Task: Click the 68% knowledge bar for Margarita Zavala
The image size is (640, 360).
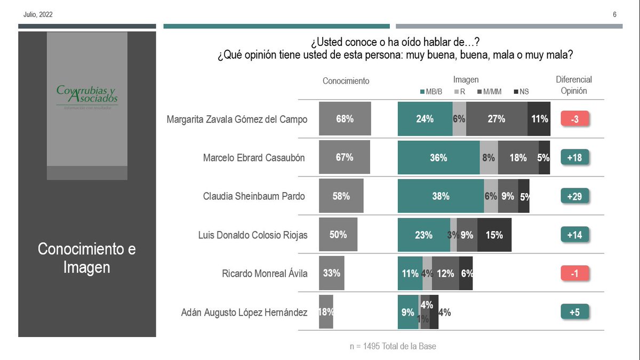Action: tap(345, 119)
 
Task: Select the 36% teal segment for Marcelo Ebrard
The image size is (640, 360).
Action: tap(438, 158)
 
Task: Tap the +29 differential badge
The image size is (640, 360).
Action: tap(574, 196)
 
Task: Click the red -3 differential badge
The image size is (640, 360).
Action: tap(574, 119)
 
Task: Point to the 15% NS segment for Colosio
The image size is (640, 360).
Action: tap(494, 235)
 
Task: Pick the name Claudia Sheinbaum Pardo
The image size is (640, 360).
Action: tap(254, 196)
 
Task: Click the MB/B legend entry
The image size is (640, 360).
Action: tap(431, 92)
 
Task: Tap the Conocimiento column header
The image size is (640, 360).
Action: tap(346, 81)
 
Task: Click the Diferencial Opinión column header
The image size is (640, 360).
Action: tap(574, 85)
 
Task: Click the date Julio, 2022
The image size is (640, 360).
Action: tap(38, 14)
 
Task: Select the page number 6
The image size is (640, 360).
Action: tap(614, 14)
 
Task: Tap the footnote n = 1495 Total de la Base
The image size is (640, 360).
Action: tap(393, 346)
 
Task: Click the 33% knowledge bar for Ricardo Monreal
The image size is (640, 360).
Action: tap(331, 273)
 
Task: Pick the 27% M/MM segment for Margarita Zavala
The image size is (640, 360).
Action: tap(497, 119)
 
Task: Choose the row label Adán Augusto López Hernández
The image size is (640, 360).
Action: tap(244, 312)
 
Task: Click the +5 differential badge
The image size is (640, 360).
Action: tap(574, 312)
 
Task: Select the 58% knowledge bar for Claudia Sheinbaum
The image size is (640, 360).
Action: tap(341, 196)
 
